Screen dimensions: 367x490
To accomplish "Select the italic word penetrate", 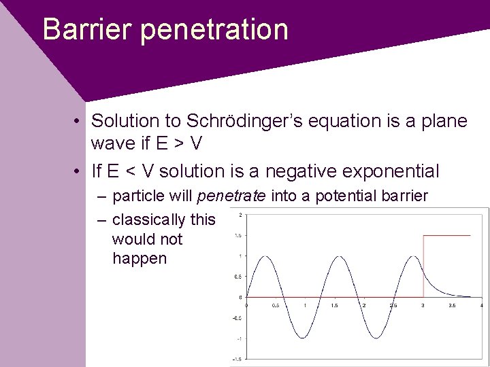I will click(232, 196).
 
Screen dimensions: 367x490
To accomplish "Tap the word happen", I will click(140, 259).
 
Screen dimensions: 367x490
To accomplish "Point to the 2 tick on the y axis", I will click(240, 215).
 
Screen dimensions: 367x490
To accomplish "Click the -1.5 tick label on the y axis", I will click(237, 358).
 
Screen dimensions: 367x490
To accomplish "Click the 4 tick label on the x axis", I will click(480, 305).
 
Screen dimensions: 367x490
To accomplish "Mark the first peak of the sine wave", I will click(267, 256).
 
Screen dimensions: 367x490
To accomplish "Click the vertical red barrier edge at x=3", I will click(423, 265).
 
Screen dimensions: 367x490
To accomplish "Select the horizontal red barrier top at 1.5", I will click(446, 235).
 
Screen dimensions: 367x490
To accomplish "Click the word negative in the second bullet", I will click(301, 170).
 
